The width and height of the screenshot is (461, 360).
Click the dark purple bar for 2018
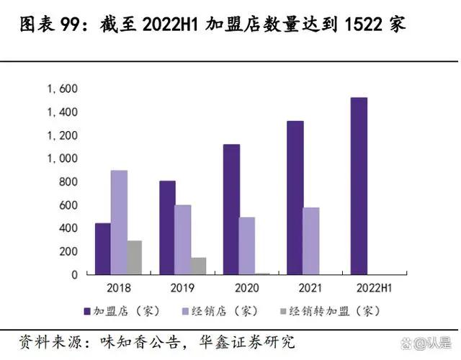pos(103,248)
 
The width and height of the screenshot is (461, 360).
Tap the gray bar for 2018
pos(134,257)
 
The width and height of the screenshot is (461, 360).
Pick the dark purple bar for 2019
pos(167,228)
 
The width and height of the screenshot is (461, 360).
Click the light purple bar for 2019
pos(183,239)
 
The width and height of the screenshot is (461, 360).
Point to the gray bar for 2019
pos(198,266)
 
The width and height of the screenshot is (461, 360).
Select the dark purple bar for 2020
pos(231,209)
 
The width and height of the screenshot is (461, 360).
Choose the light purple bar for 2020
pos(247,246)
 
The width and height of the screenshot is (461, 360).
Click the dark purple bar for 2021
pos(295,197)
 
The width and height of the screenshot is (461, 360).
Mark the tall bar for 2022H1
pos(359,186)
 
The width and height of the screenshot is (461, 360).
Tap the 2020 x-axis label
pos(246,287)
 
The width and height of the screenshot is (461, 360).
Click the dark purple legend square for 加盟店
pos(87,312)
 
